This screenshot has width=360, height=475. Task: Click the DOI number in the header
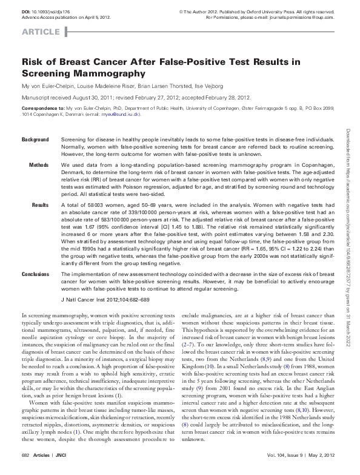tap(54, 12)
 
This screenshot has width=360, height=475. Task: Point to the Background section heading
tap(35, 140)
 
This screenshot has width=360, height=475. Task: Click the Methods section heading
tap(39, 166)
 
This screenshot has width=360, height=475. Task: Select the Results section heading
tap(40, 206)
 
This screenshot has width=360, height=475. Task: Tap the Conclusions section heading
tap(35, 274)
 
